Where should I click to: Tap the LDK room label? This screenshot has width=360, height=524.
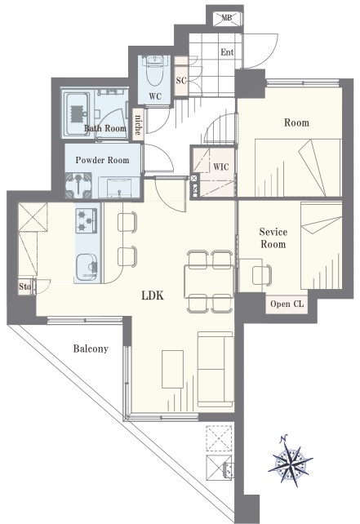(x=153, y=295)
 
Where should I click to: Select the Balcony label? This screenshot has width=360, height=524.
(x=91, y=349)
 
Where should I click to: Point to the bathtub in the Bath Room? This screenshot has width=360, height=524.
(x=76, y=113)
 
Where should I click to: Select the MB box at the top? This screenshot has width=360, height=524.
(x=227, y=18)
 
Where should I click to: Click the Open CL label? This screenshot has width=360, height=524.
(x=287, y=304)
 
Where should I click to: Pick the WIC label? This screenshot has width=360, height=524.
(x=221, y=167)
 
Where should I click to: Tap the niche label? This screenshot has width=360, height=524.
(x=138, y=124)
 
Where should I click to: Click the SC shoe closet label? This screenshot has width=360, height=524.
(x=181, y=81)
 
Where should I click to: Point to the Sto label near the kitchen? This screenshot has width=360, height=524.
(x=25, y=286)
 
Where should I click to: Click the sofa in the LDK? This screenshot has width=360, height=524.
(x=216, y=369)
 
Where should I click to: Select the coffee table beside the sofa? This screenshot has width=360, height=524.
(x=172, y=369)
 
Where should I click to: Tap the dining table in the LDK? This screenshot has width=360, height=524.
(x=209, y=281)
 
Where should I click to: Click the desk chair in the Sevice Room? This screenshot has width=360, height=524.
(x=262, y=275)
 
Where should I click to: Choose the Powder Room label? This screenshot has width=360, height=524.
(x=102, y=160)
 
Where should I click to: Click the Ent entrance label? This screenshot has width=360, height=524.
(x=227, y=52)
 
